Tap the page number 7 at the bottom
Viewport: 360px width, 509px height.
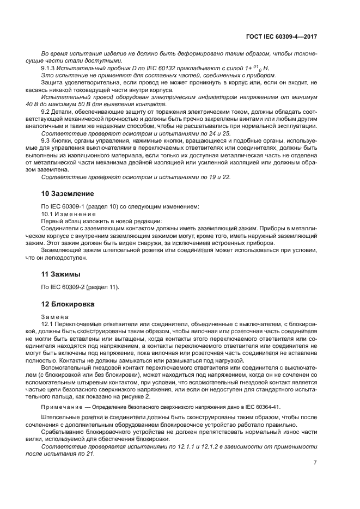pos(315,463)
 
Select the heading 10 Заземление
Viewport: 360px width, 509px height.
pos(68,193)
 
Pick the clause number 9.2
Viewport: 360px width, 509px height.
pos(46,112)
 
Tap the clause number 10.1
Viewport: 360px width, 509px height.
pos(48,214)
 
